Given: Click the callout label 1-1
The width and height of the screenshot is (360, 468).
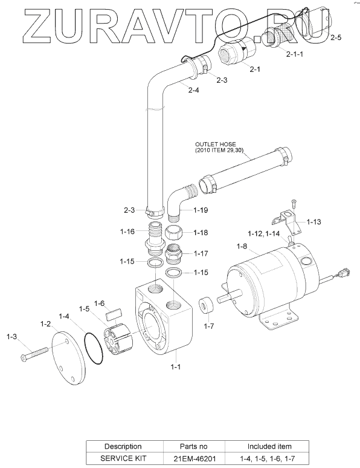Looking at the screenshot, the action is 175,366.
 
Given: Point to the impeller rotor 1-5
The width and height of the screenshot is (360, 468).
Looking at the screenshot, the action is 117,337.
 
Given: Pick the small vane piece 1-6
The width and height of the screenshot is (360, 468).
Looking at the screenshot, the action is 114,314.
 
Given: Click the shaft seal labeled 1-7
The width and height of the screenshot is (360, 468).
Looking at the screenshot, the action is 207,305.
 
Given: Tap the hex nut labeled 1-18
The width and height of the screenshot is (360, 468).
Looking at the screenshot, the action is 175,233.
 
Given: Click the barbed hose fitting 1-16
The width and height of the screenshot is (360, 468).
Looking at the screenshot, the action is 154,238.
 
